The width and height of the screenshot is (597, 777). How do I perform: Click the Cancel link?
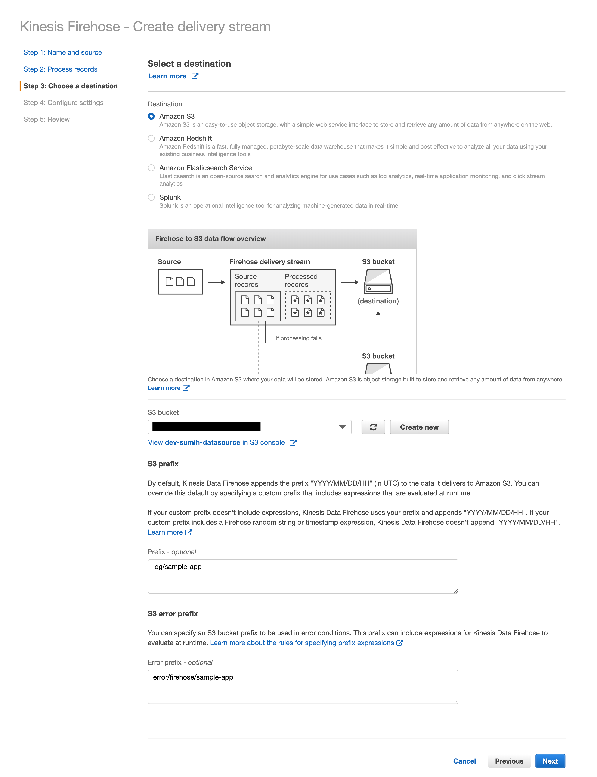(x=464, y=761)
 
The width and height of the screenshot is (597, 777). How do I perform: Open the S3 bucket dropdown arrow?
(x=342, y=427)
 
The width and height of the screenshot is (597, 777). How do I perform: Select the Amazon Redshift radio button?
(x=151, y=138)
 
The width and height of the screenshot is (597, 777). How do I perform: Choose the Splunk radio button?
(x=151, y=197)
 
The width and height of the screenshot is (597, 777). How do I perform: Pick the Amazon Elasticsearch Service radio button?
(x=151, y=168)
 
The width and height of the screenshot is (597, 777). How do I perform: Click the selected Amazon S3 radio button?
(x=151, y=116)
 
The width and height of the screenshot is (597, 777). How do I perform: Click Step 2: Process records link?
(x=61, y=69)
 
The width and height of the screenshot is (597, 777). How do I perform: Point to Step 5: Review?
(x=47, y=119)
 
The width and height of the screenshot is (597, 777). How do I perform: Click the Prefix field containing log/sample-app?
(x=303, y=576)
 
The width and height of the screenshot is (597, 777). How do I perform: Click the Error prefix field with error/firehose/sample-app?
(x=303, y=686)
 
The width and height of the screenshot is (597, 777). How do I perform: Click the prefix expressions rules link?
(x=302, y=643)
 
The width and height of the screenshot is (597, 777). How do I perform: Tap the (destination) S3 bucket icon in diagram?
(x=378, y=281)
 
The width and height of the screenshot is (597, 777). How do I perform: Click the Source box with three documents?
(x=180, y=282)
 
